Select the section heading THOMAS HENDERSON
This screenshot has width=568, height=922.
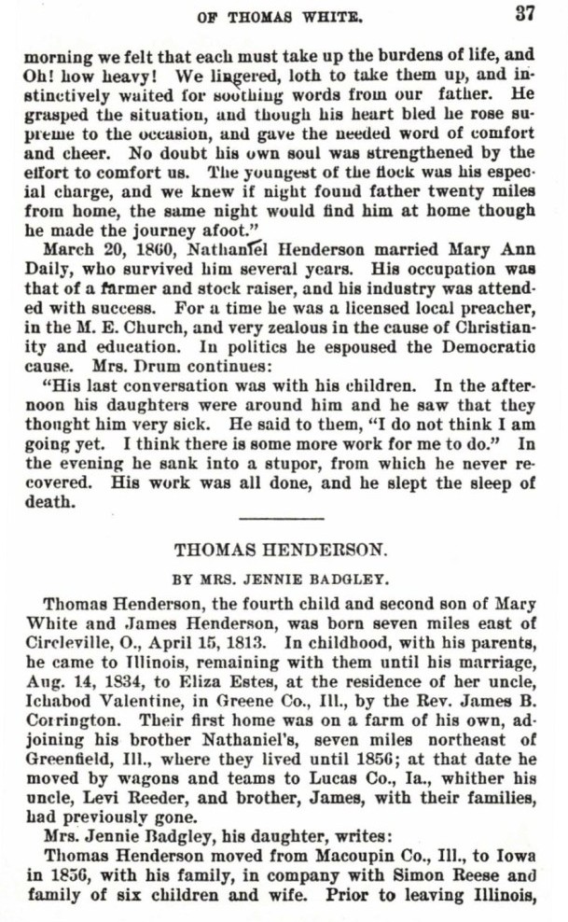tap(281, 551)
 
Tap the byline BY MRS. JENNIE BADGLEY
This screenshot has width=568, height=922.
tap(281, 579)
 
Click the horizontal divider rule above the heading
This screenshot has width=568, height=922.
tap(281, 516)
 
